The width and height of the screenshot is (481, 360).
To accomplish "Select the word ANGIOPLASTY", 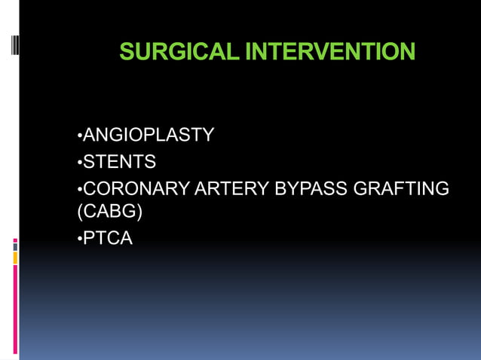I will coord(148,136).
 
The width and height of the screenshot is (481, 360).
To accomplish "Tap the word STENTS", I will coord(118,161).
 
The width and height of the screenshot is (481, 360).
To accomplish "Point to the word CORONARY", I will coord(136,188).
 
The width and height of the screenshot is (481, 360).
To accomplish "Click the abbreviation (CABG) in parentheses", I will coord(110,212).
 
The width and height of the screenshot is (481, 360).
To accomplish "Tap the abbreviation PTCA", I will coord(107,239).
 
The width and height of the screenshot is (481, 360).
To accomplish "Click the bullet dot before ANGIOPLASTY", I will coord(79,137).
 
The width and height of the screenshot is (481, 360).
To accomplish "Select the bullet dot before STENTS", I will coord(79,163).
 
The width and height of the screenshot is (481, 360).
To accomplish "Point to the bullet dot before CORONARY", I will coord(79,189).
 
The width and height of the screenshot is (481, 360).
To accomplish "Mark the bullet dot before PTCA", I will coord(79,240).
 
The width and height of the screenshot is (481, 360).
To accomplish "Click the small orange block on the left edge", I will coord(15,258).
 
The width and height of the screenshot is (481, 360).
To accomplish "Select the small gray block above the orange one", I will coord(15,246).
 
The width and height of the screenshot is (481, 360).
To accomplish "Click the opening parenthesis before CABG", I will coord(80,212).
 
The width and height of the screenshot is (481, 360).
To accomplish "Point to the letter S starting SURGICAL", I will coord(127,52).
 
